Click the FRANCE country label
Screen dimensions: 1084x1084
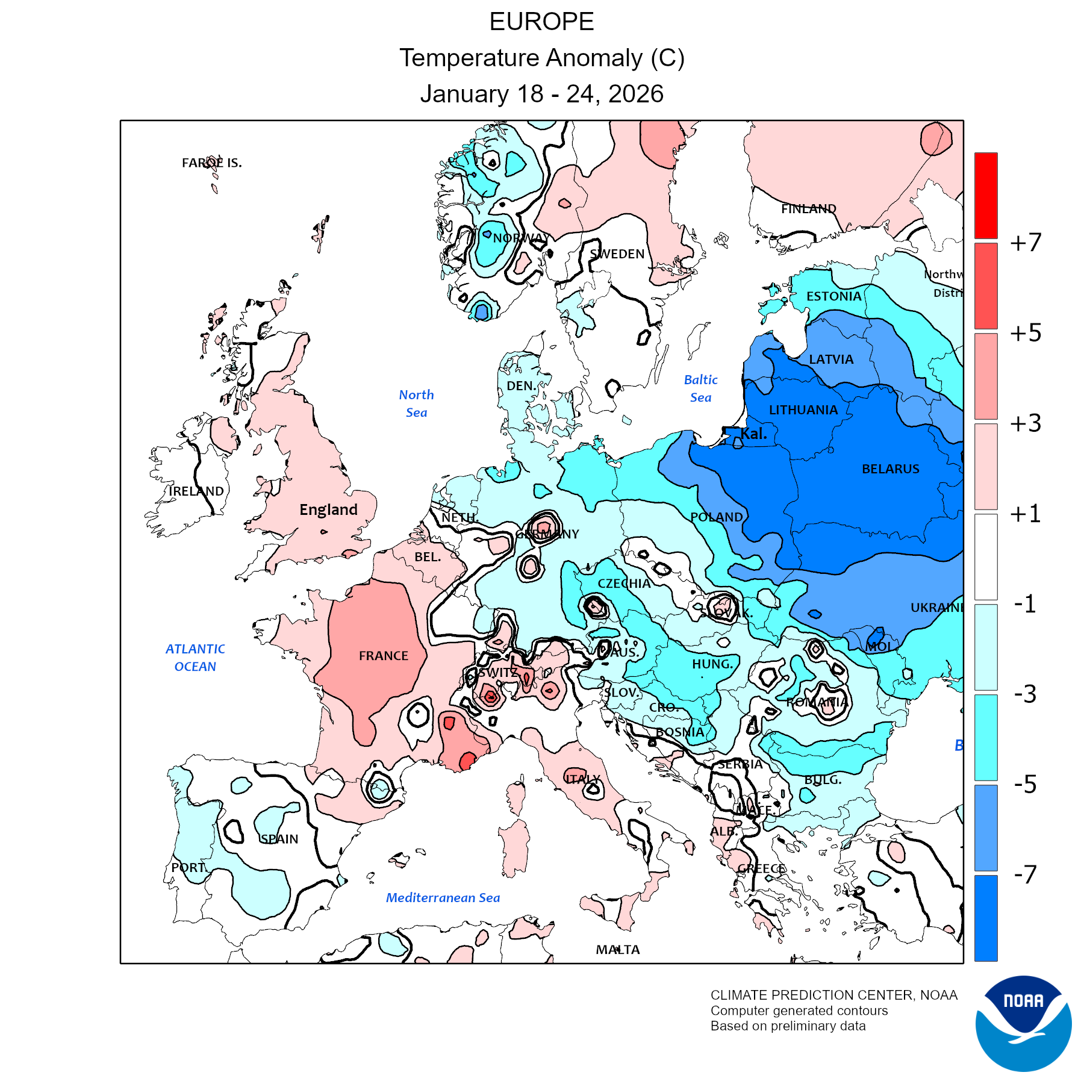pos(383,655)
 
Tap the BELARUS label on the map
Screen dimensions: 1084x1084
pos(890,469)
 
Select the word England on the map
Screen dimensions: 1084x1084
pos(328,509)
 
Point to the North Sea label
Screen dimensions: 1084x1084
pos(416,403)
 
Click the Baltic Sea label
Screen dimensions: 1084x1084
pos(700,388)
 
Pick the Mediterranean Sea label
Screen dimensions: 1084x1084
pos(443,897)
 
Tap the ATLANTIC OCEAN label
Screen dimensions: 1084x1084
pos(195,658)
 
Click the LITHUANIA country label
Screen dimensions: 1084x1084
pos(803,410)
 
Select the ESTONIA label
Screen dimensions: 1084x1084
pos(833,296)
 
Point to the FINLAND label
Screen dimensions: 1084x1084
pos(808,208)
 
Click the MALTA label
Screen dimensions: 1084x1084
pos(617,950)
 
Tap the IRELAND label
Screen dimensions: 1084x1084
pos(196,491)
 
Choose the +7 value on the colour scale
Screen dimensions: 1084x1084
pos(1026,243)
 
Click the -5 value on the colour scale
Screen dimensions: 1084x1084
pos(1025,784)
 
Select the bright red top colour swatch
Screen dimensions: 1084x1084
pos(986,195)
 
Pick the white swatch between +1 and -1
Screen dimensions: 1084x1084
pos(986,556)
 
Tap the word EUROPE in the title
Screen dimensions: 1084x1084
pos(541,22)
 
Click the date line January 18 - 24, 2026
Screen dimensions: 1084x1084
pos(541,94)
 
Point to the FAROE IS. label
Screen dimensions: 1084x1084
pos(211,163)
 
